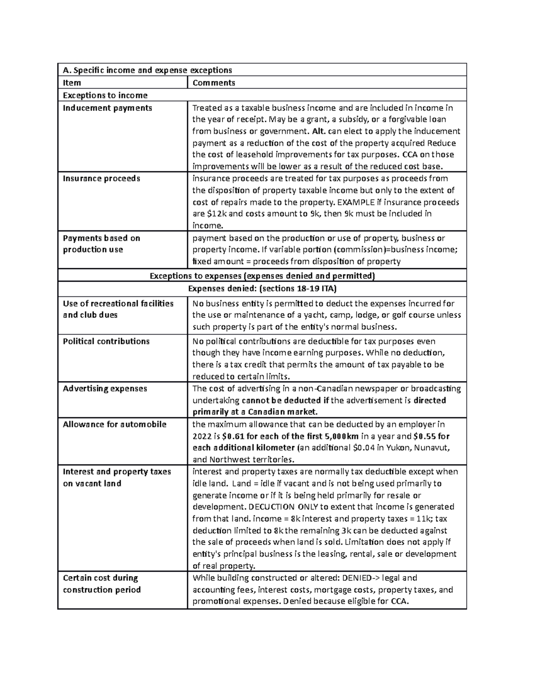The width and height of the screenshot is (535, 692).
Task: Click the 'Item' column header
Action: tap(72, 83)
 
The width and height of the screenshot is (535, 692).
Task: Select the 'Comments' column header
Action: tap(214, 83)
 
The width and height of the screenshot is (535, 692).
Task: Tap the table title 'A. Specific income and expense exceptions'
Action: tap(148, 70)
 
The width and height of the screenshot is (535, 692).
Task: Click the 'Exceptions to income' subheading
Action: tap(105, 95)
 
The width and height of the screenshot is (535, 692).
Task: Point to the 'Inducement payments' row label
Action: tap(107, 108)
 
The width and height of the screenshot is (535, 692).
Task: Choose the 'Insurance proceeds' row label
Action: tap(102, 179)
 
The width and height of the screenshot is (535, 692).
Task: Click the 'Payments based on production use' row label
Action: tap(102, 244)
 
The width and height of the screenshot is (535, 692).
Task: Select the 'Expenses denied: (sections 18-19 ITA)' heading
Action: tap(262, 289)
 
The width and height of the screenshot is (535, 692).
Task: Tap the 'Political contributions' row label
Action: tap(106, 341)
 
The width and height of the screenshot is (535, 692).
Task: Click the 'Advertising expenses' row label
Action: tap(105, 389)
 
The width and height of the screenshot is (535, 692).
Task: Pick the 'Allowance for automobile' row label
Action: tap(115, 424)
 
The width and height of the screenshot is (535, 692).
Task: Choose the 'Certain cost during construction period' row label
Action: tap(102, 584)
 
